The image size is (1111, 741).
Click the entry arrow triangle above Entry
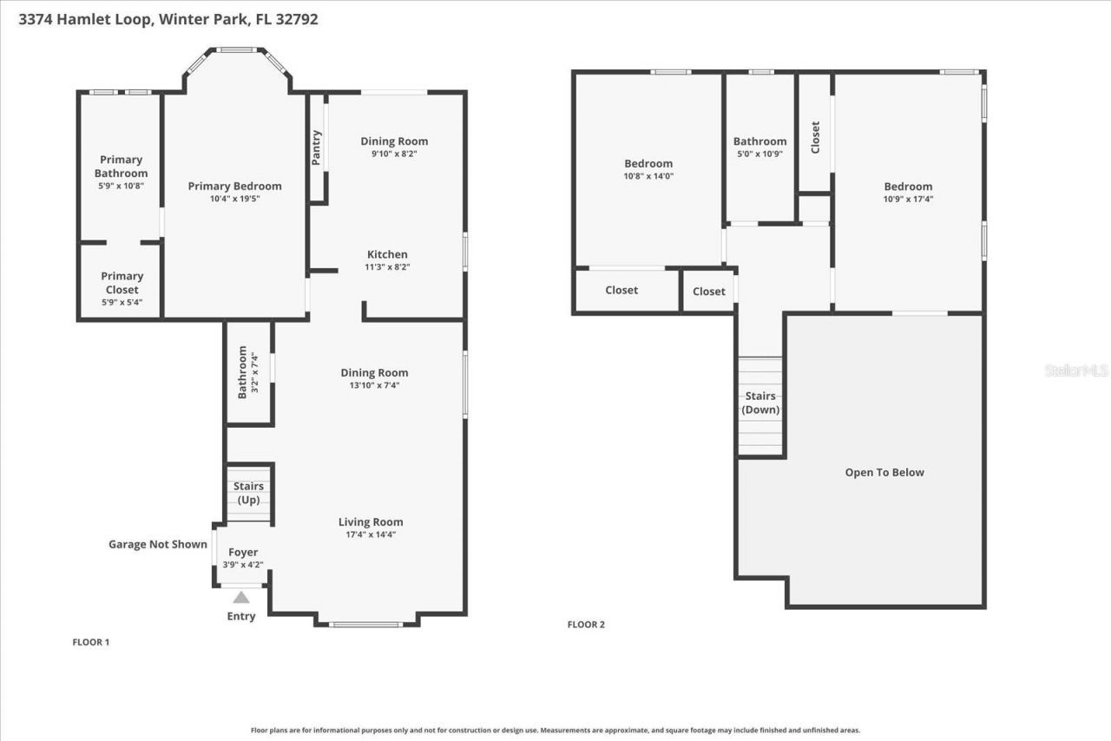241,598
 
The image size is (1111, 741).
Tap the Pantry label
317,148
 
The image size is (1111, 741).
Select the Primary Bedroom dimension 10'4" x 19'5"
235,199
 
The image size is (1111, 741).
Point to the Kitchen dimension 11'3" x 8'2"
387,267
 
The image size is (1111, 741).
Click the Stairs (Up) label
249,493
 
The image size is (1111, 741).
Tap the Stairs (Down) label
761,403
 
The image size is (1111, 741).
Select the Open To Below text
884,473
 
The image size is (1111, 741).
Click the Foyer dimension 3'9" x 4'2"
242,565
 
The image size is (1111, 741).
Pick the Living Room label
371,521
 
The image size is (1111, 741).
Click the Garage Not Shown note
158,545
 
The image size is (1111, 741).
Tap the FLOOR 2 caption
586,625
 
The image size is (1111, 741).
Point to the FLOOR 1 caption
90,643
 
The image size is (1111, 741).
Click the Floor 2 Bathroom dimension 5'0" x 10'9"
759,154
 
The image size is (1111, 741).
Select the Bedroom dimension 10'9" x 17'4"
908,199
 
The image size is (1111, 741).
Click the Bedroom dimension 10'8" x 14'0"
648,176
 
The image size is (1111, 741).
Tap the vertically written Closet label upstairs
815,137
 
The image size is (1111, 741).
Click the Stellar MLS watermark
1076,370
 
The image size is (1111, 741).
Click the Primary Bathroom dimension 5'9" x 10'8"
121,186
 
